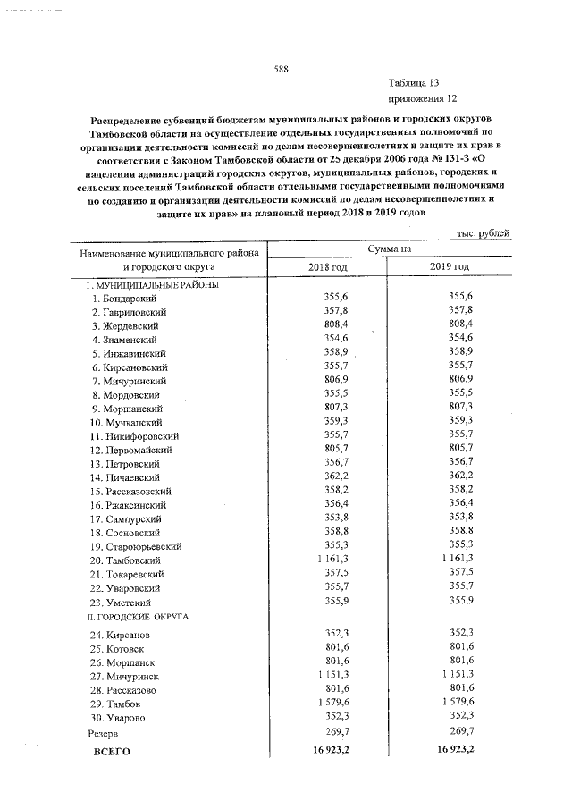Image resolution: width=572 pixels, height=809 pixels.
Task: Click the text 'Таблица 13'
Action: pyautogui.click(x=414, y=81)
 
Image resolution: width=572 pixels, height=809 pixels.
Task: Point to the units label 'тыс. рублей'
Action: pyautogui.click(x=484, y=233)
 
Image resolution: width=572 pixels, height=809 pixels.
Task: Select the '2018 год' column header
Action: pyautogui.click(x=327, y=267)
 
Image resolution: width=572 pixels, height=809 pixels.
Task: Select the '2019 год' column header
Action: pyautogui.click(x=449, y=267)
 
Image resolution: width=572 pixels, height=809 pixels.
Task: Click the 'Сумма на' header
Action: pyautogui.click(x=388, y=249)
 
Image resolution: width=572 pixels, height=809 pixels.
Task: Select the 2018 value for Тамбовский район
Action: pyautogui.click(x=332, y=560)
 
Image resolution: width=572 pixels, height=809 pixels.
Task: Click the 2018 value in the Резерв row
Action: pyautogui.click(x=335, y=730)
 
